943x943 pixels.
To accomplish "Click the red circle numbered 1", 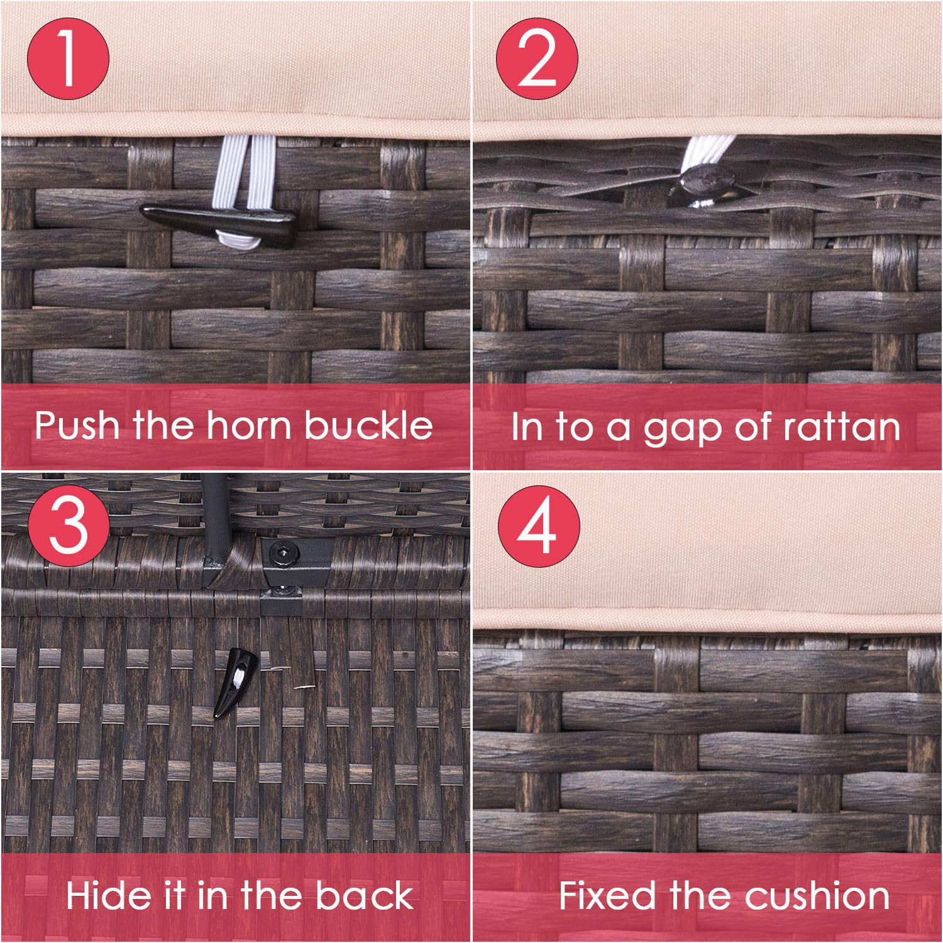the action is [x=68, y=60].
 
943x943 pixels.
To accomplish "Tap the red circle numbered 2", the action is [x=537, y=60].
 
